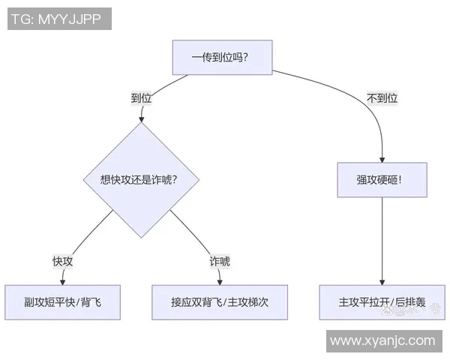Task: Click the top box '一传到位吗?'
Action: tap(220, 58)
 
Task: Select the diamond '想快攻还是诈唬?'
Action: tap(139, 179)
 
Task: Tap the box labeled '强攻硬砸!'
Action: tap(381, 180)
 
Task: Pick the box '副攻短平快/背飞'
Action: tap(62, 302)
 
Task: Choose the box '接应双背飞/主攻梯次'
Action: tap(220, 302)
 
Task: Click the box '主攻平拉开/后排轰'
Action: tap(382, 302)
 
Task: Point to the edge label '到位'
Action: tap(141, 98)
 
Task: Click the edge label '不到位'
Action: tap(382, 98)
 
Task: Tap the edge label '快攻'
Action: tap(62, 261)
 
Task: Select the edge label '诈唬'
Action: tap(220, 261)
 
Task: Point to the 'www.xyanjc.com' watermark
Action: tap(382, 340)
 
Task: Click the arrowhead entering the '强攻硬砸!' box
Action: tap(382, 158)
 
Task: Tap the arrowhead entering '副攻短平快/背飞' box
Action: tap(62, 281)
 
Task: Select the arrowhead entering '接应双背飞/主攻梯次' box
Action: tap(220, 281)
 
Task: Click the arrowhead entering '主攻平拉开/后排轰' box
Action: tap(382, 281)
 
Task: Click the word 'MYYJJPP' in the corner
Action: tap(74, 19)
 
